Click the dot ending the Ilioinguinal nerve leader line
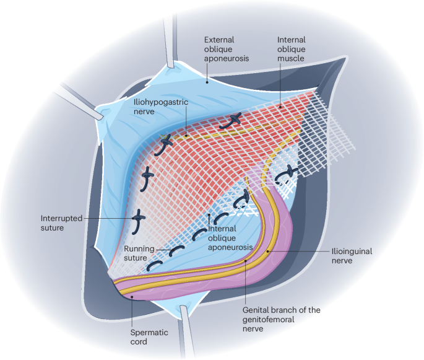pos(268,252)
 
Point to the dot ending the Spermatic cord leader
pos(132,297)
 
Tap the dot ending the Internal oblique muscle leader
pos(280,106)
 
